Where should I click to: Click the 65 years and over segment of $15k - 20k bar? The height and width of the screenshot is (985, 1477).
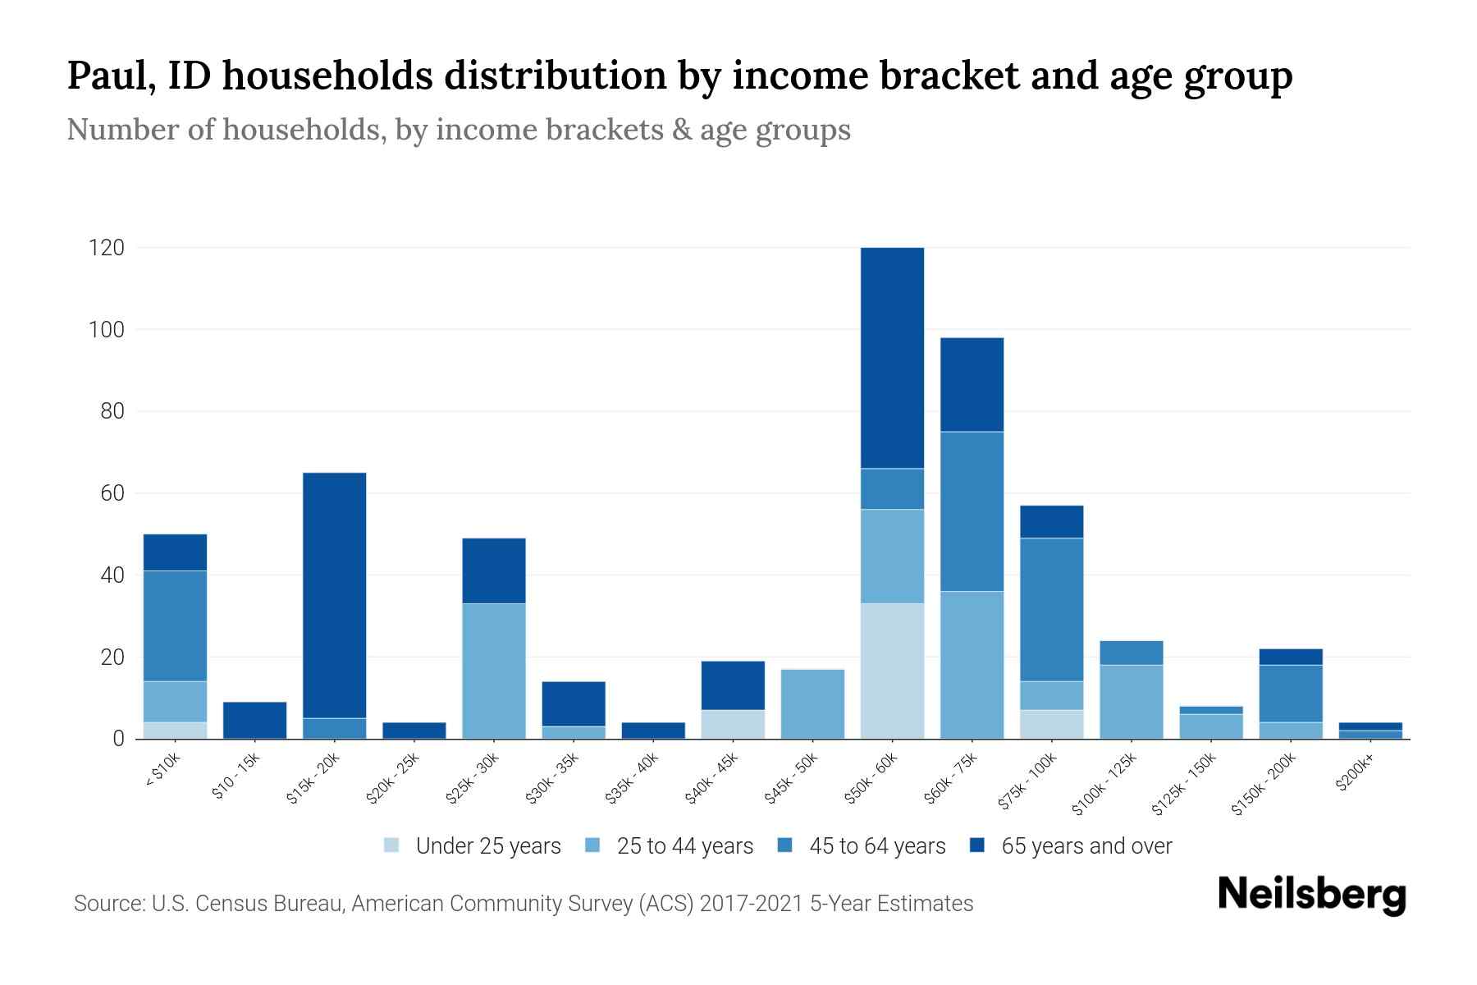click(x=335, y=595)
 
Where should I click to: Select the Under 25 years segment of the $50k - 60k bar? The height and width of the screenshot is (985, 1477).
click(x=892, y=671)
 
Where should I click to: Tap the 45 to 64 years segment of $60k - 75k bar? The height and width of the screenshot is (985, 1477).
click(x=972, y=511)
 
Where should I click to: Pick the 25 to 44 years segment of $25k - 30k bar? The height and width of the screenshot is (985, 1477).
click(x=494, y=671)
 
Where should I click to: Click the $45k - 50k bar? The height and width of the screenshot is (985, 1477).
click(x=812, y=704)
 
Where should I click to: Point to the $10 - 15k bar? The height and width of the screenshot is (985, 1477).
click(x=254, y=720)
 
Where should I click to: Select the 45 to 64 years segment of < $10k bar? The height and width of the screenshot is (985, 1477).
click(x=175, y=625)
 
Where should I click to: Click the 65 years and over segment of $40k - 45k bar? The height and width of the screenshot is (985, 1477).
click(x=733, y=685)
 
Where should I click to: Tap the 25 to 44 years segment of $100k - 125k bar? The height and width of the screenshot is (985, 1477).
click(x=1131, y=702)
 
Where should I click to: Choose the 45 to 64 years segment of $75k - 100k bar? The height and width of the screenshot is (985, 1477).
click(x=1051, y=609)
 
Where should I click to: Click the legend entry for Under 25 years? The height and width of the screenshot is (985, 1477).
click(x=473, y=846)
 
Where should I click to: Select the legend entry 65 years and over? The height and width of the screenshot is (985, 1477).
click(x=1071, y=846)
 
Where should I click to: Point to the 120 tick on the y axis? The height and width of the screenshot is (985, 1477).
click(x=107, y=248)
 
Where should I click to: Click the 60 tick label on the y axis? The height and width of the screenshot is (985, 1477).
click(x=112, y=493)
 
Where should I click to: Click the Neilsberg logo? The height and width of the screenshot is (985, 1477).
click(x=1312, y=895)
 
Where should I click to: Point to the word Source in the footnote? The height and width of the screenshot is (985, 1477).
click(x=107, y=904)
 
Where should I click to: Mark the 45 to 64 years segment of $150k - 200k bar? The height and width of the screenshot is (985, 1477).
click(x=1290, y=694)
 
